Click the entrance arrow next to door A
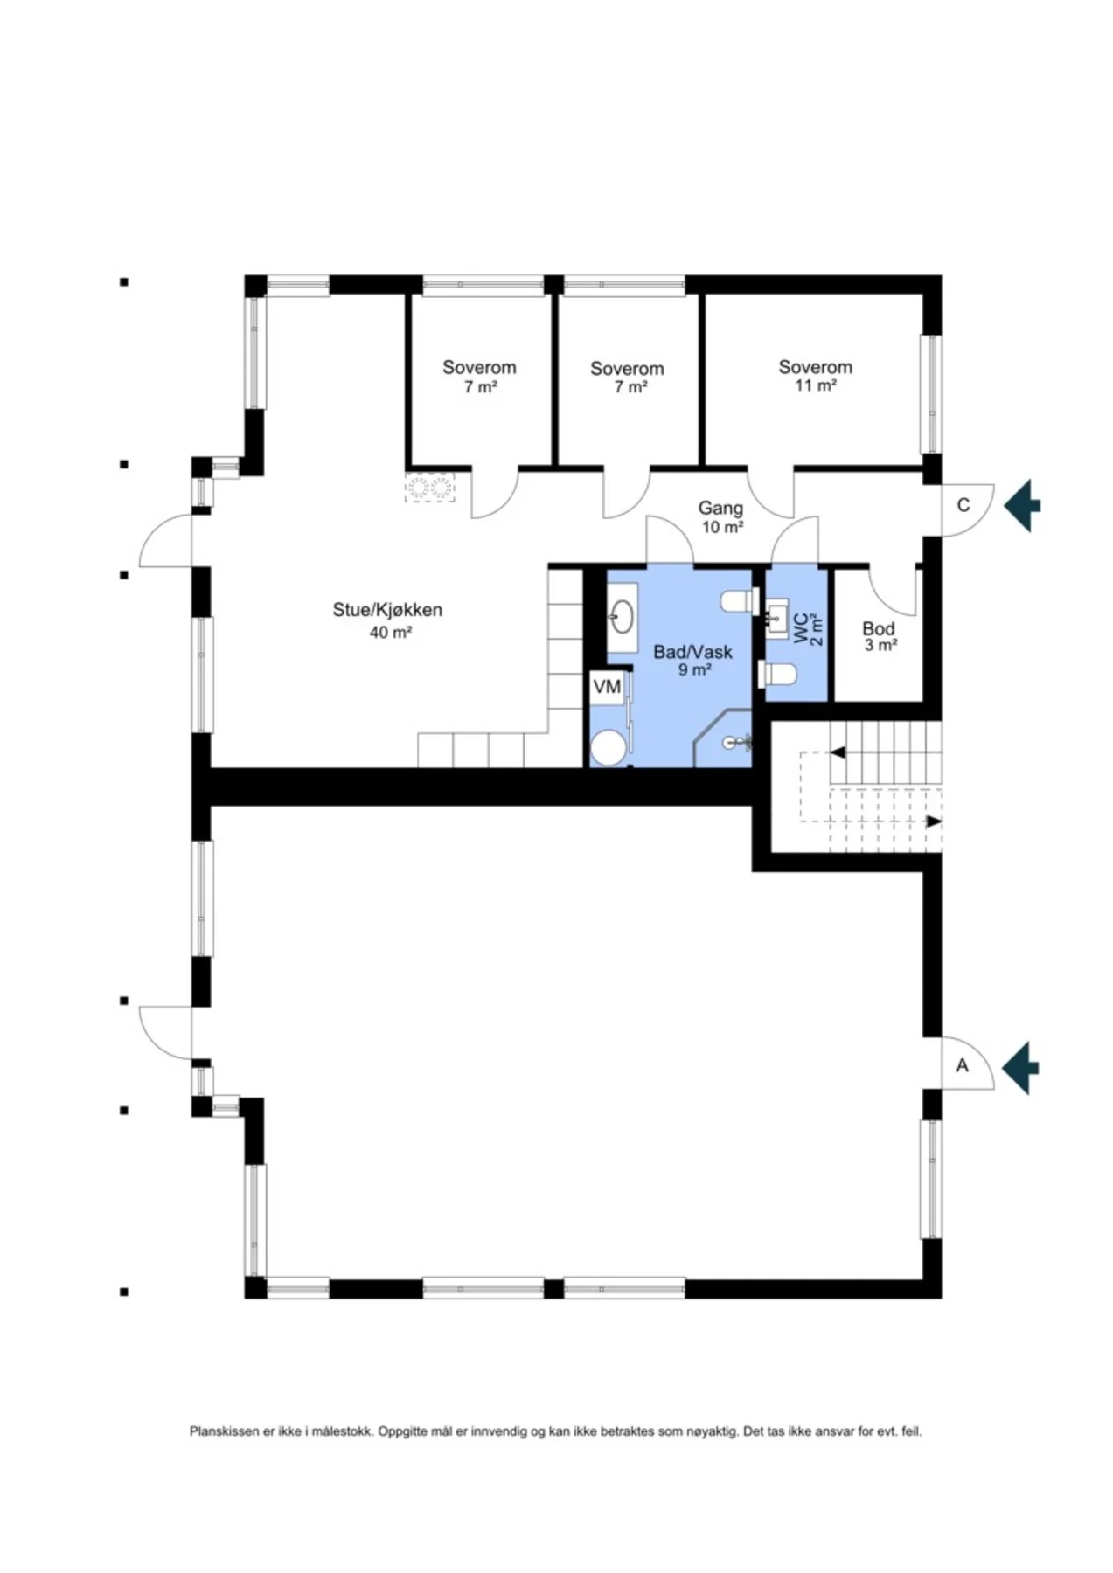pyautogui.click(x=1020, y=1067)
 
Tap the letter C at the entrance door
pyautogui.click(x=963, y=505)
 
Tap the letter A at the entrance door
pyautogui.click(x=963, y=1066)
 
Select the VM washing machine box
pyautogui.click(x=607, y=687)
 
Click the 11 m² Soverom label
pyautogui.click(x=816, y=376)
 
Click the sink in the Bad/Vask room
pyautogui.click(x=623, y=617)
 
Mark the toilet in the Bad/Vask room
pyautogui.click(x=738, y=601)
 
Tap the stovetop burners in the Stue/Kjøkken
pyautogui.click(x=429, y=488)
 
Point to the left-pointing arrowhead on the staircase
pyautogui.click(x=837, y=752)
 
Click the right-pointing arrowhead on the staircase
pyautogui.click(x=935, y=821)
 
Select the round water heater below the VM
pyautogui.click(x=608, y=748)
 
